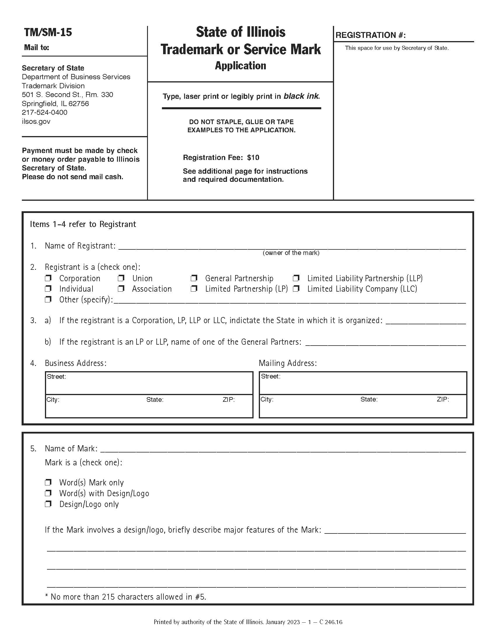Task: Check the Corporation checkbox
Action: pyautogui.click(x=48, y=278)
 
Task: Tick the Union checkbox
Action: pyautogui.click(x=121, y=278)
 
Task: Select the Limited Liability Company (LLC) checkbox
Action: pyautogui.click(x=296, y=288)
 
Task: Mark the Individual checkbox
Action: pyautogui.click(x=48, y=288)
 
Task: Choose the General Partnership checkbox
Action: pyautogui.click(x=194, y=278)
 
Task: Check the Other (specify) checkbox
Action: pyautogui.click(x=48, y=299)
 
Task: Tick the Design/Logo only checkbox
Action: pyautogui.click(x=48, y=504)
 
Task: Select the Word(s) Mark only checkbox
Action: pyautogui.click(x=48, y=482)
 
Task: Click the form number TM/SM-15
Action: pyautogui.click(x=48, y=32)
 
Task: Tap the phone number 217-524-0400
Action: pyautogui.click(x=44, y=112)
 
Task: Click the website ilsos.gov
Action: pyautogui.click(x=36, y=121)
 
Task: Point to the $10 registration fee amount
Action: pyautogui.click(x=253, y=158)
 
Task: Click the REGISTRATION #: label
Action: pyautogui.click(x=370, y=35)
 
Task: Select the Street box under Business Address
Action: pyautogui.click(x=149, y=383)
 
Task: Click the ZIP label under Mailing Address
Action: pyautogui.click(x=443, y=399)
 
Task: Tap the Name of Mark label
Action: pyautogui.click(x=71, y=448)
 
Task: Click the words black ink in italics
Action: pyautogui.click(x=301, y=96)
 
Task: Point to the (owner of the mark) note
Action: pyautogui.click(x=291, y=253)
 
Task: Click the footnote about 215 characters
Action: pyautogui.click(x=125, y=597)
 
